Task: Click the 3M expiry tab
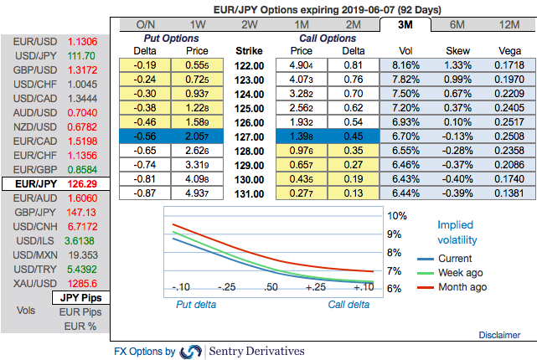[403, 24]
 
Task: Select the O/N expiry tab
[146, 24]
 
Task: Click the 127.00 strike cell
[250, 136]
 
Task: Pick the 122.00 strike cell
[250, 64]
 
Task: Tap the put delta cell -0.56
[146, 136]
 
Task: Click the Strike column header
[250, 50]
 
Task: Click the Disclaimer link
[499, 334]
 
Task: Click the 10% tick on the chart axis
[395, 215]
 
